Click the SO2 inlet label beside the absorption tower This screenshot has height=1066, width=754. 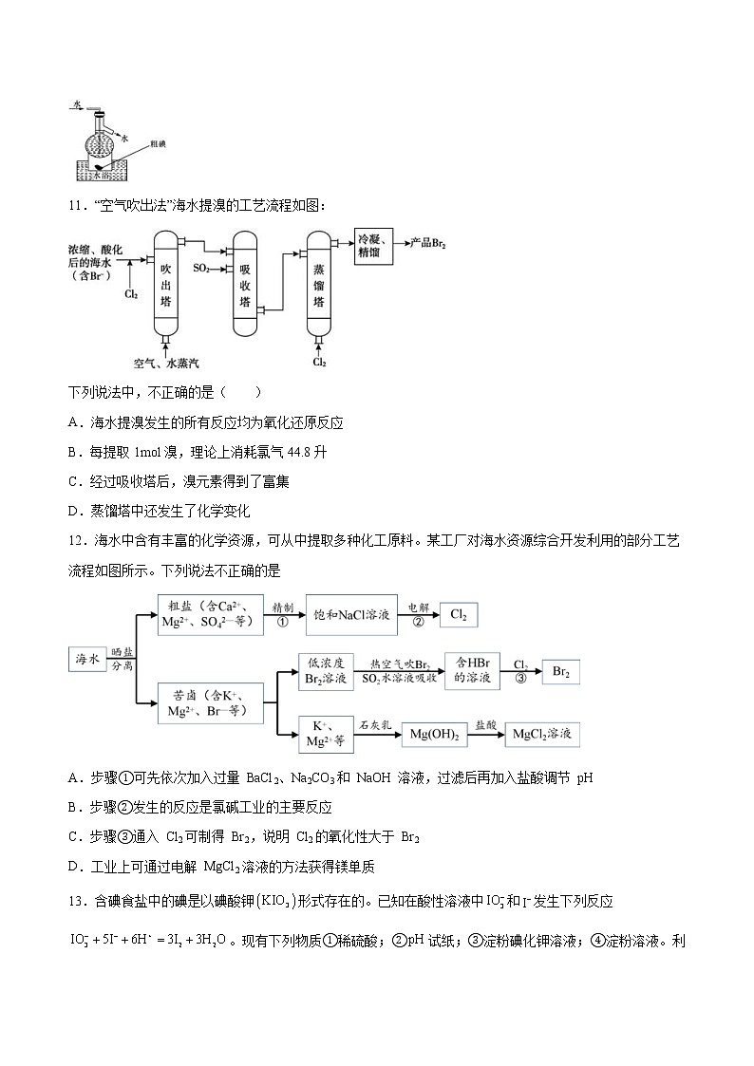[202, 269]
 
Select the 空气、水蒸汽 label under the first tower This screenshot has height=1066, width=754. [166, 363]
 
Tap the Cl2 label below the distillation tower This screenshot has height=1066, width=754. [319, 363]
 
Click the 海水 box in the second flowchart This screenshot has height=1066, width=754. [87, 658]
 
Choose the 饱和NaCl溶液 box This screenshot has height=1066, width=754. [349, 615]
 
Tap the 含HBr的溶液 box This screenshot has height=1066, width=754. [472, 671]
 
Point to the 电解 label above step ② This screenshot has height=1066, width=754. [419, 606]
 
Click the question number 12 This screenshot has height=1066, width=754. [78, 539]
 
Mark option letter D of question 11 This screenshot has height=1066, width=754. [75, 511]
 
